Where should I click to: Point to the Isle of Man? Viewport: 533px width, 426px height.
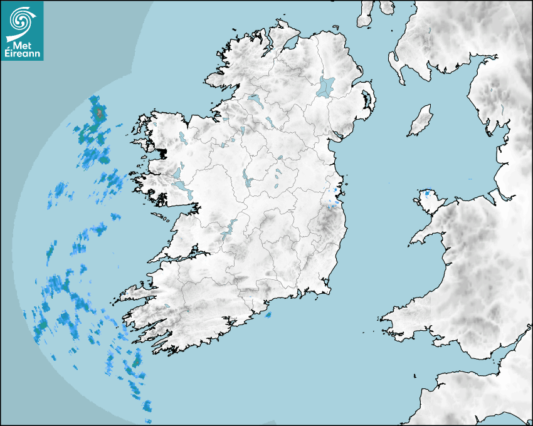coord(421,120)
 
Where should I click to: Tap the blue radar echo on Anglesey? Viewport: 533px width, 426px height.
coord(428,194)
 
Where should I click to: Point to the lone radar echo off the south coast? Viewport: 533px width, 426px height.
coord(268,315)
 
